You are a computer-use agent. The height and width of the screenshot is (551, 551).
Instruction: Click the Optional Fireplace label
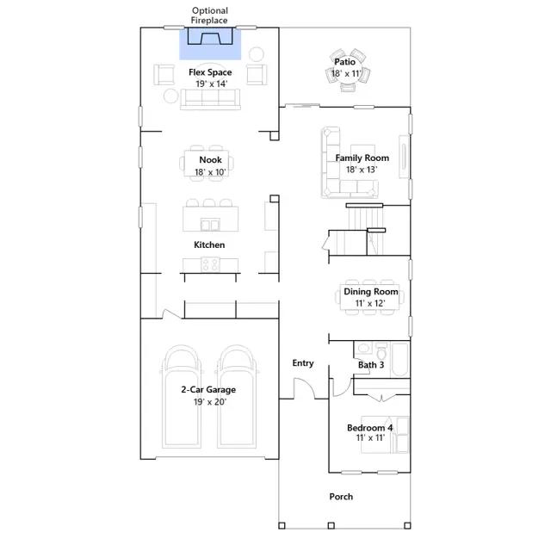[x=209, y=15]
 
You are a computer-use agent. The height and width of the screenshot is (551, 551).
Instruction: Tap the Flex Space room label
[x=210, y=72]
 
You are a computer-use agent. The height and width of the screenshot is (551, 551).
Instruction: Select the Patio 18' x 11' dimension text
[x=346, y=73]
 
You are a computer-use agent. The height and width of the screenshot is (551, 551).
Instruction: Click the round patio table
[x=346, y=71]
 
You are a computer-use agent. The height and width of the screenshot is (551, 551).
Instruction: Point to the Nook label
[x=210, y=160]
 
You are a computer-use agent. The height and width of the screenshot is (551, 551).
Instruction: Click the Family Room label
[x=362, y=158]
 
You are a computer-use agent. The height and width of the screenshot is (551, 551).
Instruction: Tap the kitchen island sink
[x=210, y=225]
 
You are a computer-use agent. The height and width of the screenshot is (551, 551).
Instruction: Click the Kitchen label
[x=209, y=245]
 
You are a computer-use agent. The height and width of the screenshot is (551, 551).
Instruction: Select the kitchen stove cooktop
[x=210, y=264]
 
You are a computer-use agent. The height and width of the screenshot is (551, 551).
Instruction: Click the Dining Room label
[x=371, y=292]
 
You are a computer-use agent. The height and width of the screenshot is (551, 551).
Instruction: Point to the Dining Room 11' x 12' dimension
[x=370, y=303]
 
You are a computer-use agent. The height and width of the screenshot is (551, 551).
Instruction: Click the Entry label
[x=303, y=363]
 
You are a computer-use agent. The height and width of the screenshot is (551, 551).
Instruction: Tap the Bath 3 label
[x=371, y=365]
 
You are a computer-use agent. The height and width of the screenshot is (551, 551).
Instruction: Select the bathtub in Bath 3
[x=399, y=360]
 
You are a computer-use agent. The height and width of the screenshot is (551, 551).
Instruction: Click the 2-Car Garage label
[x=208, y=390]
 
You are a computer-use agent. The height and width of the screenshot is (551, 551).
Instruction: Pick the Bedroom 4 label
[x=369, y=428]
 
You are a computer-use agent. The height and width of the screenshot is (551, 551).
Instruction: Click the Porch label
[x=341, y=497]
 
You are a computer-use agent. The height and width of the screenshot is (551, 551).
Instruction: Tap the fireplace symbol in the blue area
[x=210, y=36]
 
